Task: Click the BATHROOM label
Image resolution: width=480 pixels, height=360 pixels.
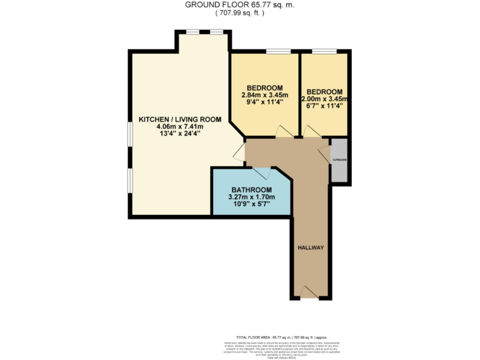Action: tap(251, 190)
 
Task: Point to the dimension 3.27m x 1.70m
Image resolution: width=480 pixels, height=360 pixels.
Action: tap(251, 197)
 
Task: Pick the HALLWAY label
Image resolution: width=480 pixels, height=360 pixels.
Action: tap(311, 247)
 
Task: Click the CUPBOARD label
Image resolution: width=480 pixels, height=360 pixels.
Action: tap(339, 160)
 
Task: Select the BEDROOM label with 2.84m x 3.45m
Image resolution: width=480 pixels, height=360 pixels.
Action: tap(264, 87)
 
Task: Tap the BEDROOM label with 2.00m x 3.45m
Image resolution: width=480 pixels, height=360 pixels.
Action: tap(324, 91)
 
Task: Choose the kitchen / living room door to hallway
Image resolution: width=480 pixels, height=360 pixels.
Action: tap(239, 152)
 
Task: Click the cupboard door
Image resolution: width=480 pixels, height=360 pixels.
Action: tap(324, 152)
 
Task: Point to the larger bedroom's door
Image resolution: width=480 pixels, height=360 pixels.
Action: tap(282, 132)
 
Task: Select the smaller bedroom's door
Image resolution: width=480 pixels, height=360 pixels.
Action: tap(311, 132)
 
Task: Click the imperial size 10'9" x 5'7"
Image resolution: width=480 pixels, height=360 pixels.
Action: tap(251, 205)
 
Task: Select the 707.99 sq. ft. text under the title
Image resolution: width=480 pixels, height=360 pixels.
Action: tap(239, 12)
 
